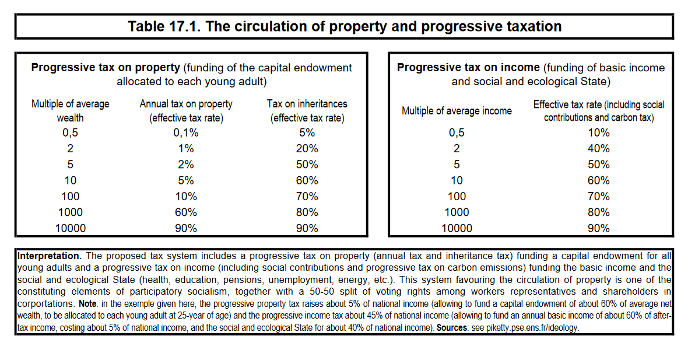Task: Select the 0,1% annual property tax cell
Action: pyautogui.click(x=185, y=132)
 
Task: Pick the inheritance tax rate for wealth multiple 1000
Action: pyautogui.click(x=307, y=212)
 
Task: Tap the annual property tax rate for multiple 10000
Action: pyautogui.click(x=185, y=228)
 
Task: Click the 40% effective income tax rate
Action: pyautogui.click(x=598, y=149)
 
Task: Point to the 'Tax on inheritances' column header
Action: pyautogui.click(x=307, y=111)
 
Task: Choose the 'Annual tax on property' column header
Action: pyautogui.click(x=185, y=111)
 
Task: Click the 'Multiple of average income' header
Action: pyautogui.click(x=457, y=111)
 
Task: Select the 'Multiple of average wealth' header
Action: pyautogui.click(x=70, y=111)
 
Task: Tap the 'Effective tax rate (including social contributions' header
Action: pyautogui.click(x=598, y=111)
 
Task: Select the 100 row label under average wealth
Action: pyautogui.click(x=70, y=197)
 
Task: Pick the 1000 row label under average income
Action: pyautogui.click(x=457, y=212)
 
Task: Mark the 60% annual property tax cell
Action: pyautogui.click(x=185, y=212)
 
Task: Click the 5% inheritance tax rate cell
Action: pyautogui.click(x=307, y=132)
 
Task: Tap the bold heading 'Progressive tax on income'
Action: pyautogui.click(x=468, y=68)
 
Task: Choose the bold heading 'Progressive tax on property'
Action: pyautogui.click(x=105, y=68)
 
